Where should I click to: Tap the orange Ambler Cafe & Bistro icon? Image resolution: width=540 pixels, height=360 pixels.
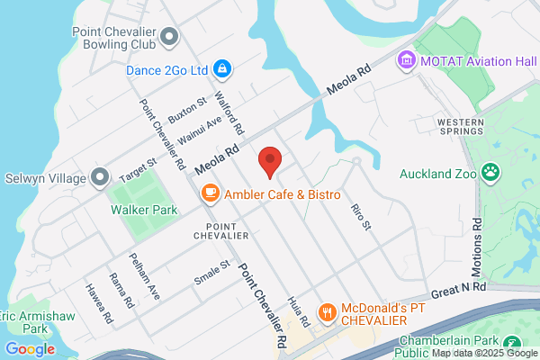(x=210, y=193)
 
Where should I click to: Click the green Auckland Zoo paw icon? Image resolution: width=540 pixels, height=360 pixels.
(x=490, y=171)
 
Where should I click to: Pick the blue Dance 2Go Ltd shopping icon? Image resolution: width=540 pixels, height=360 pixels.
(x=222, y=68)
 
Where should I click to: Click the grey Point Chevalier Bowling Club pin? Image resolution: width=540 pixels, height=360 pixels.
(x=171, y=35)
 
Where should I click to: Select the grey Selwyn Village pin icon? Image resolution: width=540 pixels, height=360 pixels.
(x=100, y=175)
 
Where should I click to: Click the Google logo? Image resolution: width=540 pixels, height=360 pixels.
(x=30, y=349)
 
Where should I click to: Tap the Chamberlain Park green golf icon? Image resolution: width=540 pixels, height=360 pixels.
(x=512, y=343)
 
